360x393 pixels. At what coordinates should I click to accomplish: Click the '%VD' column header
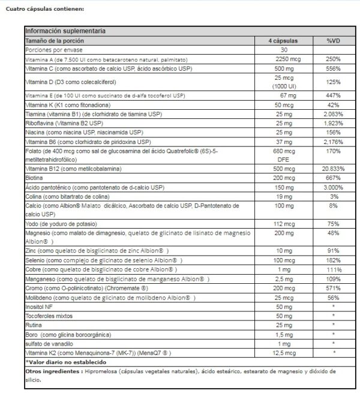(334, 40)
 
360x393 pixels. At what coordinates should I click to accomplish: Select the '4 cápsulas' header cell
(284, 40)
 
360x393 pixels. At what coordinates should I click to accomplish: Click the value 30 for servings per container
(284, 50)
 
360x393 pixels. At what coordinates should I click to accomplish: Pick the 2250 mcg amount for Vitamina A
(284, 60)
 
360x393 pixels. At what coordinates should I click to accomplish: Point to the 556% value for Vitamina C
(334, 70)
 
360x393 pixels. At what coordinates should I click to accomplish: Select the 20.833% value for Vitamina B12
(334, 169)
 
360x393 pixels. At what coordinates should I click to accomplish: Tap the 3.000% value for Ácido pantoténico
(334, 187)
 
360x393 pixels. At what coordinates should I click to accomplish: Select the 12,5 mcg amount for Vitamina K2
(284, 353)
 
